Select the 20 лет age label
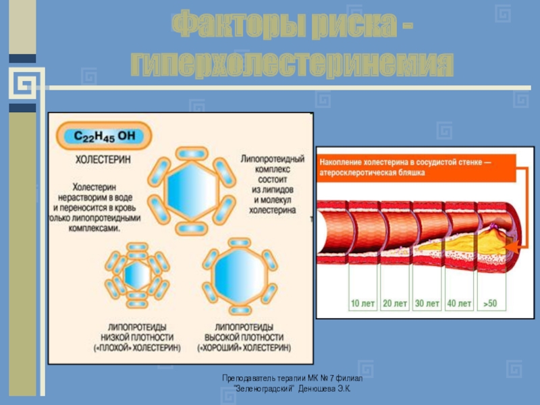point(396,304)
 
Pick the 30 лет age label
point(427,304)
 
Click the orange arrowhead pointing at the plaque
point(510,248)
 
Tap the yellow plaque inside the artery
point(466,244)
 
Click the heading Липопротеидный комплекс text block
point(269,184)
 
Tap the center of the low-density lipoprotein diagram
point(137,275)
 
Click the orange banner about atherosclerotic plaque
point(415,167)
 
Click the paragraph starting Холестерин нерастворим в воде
point(96,205)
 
